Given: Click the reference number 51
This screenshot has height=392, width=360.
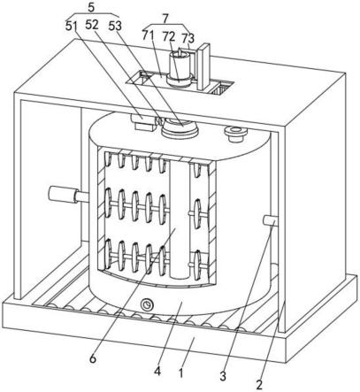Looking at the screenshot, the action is click(x=71, y=27).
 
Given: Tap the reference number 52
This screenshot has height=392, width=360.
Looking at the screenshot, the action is click(x=92, y=25).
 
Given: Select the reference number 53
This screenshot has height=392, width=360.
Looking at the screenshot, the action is click(x=115, y=27).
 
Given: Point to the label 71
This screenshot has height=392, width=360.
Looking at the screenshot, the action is click(x=148, y=35).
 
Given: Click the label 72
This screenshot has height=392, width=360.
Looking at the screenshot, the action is click(x=168, y=36).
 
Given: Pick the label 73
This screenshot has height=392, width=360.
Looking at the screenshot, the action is click(x=188, y=38).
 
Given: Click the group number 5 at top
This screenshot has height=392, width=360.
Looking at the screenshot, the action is click(x=91, y=8).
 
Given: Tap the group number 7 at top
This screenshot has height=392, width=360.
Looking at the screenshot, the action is click(x=165, y=19).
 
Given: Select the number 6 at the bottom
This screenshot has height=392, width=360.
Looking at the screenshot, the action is click(x=93, y=359).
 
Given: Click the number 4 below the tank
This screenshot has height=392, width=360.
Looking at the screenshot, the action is click(x=157, y=371).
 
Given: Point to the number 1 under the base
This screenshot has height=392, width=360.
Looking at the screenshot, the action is click(x=181, y=373).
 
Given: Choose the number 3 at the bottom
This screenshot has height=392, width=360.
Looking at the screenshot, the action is click(x=223, y=376).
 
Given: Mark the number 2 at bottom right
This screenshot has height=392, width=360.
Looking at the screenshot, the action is click(x=259, y=385).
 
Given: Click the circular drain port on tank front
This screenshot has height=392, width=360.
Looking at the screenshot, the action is click(x=147, y=304).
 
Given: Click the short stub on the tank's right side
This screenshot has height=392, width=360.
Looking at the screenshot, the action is click(x=271, y=221).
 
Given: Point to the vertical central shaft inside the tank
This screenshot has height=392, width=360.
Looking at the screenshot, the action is click(x=179, y=219).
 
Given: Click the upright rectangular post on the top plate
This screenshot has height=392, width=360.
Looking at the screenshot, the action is click(x=203, y=66).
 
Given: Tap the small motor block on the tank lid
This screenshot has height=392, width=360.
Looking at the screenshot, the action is click(x=143, y=122).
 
